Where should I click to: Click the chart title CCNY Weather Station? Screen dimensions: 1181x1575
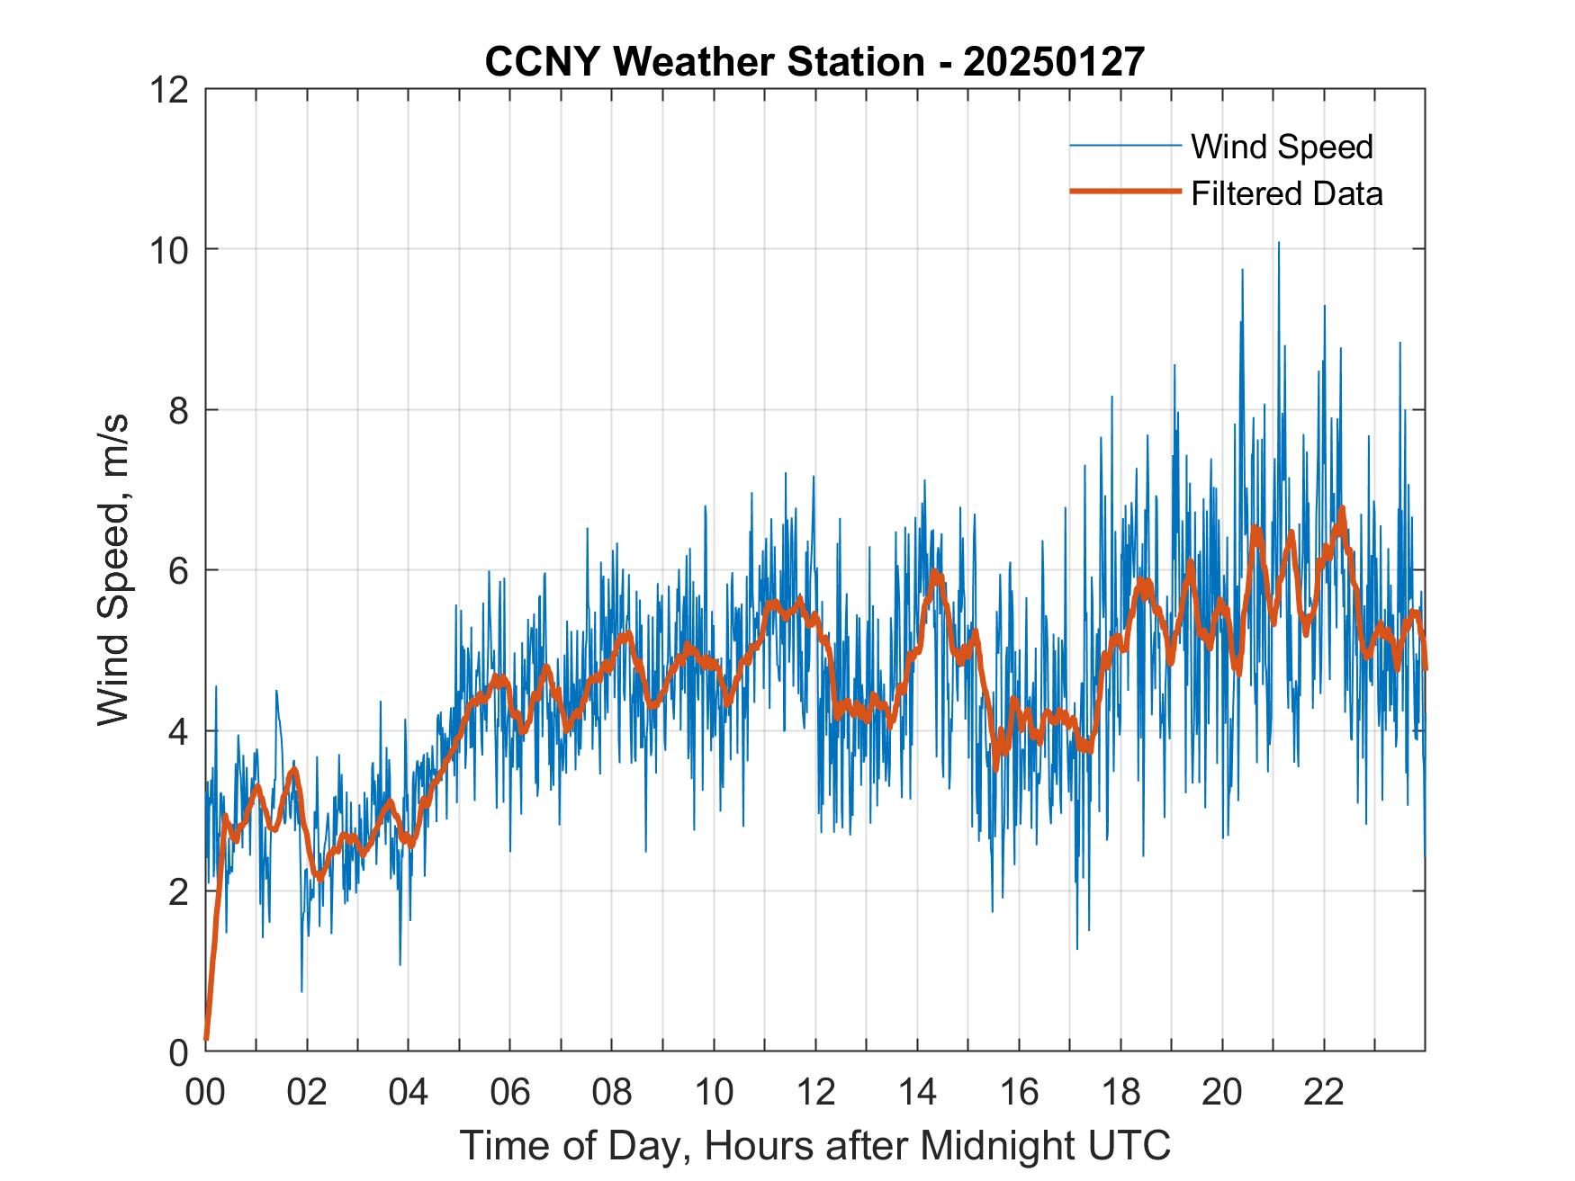point(705,62)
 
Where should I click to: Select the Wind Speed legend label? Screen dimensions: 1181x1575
point(1282,147)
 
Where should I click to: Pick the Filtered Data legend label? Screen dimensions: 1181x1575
point(1286,193)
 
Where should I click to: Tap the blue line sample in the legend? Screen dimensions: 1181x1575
point(1124,146)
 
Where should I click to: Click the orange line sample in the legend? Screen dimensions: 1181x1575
point(1124,192)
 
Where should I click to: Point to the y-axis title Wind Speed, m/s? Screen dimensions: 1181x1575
point(113,569)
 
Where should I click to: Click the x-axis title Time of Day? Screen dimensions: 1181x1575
point(814,1146)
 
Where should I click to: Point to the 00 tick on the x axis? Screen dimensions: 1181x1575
point(205,1092)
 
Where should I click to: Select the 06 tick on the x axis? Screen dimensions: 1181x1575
point(510,1092)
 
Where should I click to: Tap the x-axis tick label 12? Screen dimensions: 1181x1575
point(815,1092)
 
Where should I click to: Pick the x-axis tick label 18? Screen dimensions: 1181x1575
point(1120,1092)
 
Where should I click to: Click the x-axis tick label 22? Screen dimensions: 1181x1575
point(1324,1092)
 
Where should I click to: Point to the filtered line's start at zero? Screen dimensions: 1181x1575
point(207,1039)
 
